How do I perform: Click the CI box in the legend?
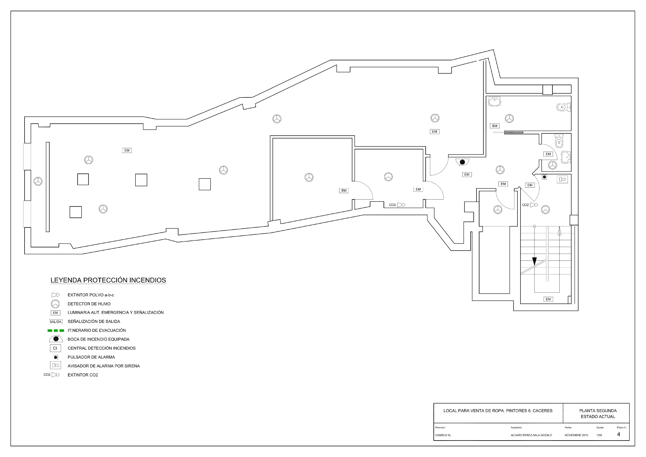[x=55, y=348]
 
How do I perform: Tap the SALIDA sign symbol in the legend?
[x=56, y=322]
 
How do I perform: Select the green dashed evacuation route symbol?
[x=56, y=330]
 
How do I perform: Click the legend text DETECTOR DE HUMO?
[x=89, y=304]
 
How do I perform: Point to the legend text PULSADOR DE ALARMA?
[x=91, y=357]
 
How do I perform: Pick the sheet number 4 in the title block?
[x=618, y=434]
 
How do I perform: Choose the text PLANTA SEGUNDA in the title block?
[x=598, y=411]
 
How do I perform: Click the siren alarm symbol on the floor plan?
[x=562, y=179]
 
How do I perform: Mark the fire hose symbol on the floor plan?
[x=462, y=162]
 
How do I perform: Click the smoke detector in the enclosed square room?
[x=309, y=177]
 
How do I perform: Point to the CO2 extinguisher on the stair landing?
[x=530, y=205]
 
